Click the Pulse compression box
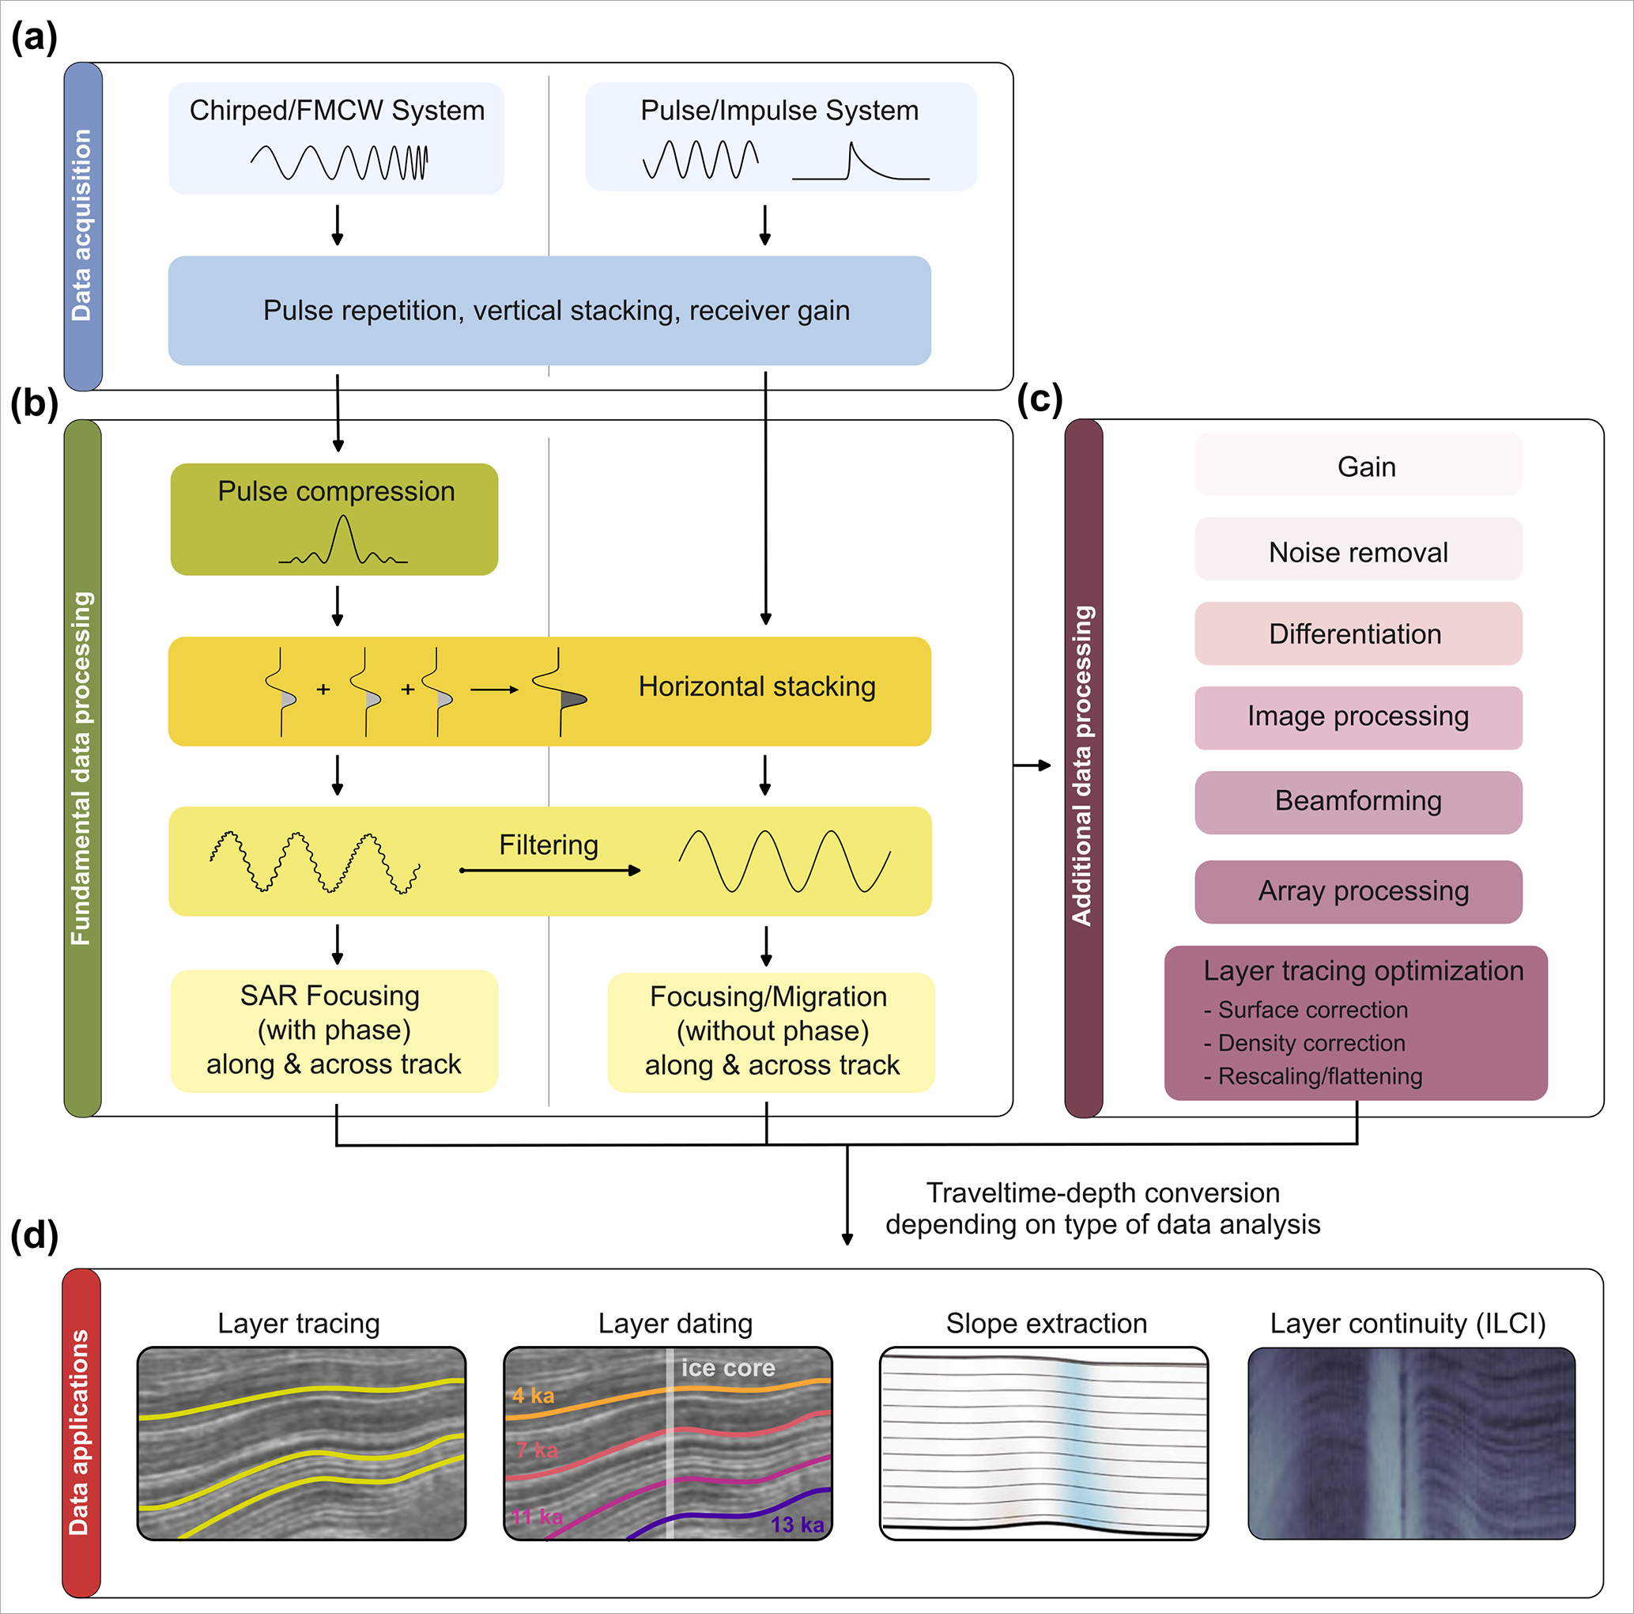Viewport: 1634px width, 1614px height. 334,519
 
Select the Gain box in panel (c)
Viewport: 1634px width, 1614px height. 1357,465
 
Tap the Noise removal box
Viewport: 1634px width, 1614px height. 1357,550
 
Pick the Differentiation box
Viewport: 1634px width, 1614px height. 1357,633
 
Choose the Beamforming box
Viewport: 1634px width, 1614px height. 1357,801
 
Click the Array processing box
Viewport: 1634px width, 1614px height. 1357,890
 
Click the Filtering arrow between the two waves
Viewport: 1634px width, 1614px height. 549,870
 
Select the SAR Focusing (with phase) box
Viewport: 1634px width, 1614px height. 334,1030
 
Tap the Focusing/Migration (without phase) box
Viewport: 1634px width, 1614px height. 771,1031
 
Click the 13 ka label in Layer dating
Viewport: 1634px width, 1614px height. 797,1525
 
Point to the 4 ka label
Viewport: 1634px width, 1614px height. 533,1395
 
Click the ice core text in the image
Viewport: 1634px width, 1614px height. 728,1368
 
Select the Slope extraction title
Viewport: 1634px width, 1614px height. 1046,1323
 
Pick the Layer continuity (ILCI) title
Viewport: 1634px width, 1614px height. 1407,1323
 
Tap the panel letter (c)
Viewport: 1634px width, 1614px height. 1040,399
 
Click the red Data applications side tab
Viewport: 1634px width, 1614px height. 81,1431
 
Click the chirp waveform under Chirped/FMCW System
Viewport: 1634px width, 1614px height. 339,161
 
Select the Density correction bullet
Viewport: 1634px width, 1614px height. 1310,1043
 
